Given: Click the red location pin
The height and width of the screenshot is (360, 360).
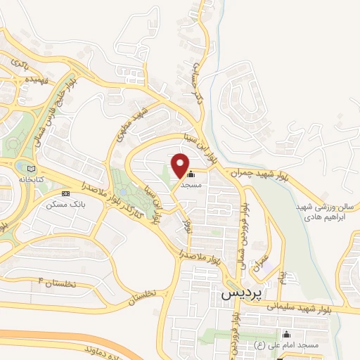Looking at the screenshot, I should click(181, 165).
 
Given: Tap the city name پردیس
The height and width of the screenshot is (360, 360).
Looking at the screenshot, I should click(236, 295).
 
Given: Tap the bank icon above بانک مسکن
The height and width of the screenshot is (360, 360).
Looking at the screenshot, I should click(65, 193).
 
